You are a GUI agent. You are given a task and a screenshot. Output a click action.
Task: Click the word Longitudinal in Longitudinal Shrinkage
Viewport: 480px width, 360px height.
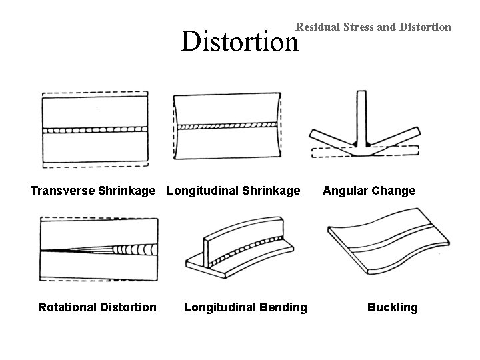203,191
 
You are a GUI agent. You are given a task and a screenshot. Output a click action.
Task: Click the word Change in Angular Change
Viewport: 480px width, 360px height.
393,191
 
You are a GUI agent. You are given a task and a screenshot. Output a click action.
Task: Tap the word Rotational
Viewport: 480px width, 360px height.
68,307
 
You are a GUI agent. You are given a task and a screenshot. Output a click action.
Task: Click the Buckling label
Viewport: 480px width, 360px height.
393,307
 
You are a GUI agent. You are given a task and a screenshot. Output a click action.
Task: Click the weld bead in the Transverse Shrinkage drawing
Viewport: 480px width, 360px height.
95,129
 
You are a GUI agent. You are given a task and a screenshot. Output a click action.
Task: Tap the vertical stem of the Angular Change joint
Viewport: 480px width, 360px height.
361,117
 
